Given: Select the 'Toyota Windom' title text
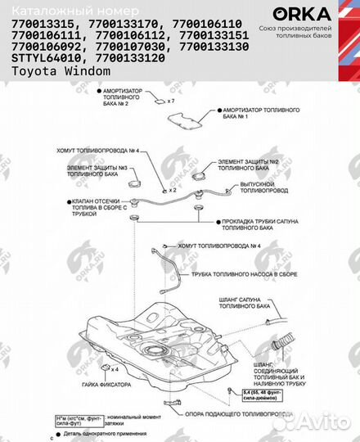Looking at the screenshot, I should click(61, 70).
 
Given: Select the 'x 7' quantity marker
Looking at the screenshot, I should click(171, 101).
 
